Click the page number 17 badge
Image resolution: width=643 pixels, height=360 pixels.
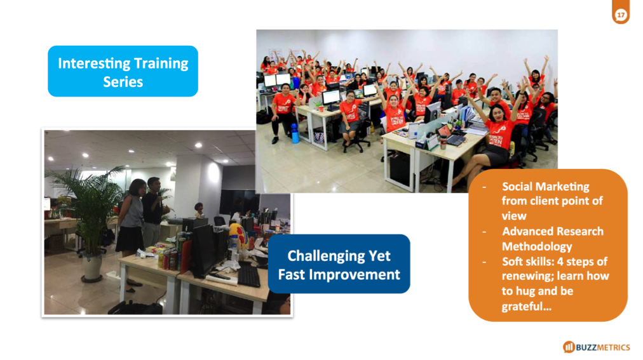point(621,15)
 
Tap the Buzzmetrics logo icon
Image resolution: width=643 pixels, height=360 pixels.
point(569,347)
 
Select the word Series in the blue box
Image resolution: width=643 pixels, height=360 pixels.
point(123,82)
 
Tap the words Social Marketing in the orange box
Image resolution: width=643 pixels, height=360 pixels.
point(545,187)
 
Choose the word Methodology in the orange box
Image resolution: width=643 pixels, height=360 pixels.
point(537,246)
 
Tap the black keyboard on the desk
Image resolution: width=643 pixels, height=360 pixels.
point(248,276)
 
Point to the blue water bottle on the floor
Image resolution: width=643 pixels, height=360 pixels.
point(295,133)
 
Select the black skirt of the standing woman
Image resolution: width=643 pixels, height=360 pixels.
point(130,239)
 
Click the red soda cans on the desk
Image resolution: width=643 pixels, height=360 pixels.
point(169,259)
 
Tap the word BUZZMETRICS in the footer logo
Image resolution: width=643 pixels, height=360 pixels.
point(603,347)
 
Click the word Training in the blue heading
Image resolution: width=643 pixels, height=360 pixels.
point(161,64)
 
